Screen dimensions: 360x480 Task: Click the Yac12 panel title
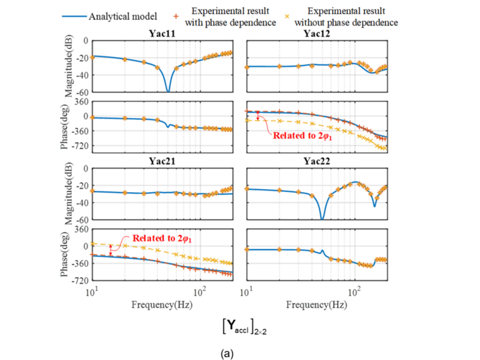(317, 34)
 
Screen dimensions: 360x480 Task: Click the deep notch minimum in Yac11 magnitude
(167, 90)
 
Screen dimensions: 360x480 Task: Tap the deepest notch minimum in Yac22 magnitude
(322, 217)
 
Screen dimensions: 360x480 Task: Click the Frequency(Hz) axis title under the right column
(317, 306)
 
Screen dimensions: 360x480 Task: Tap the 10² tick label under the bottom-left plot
(200, 293)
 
